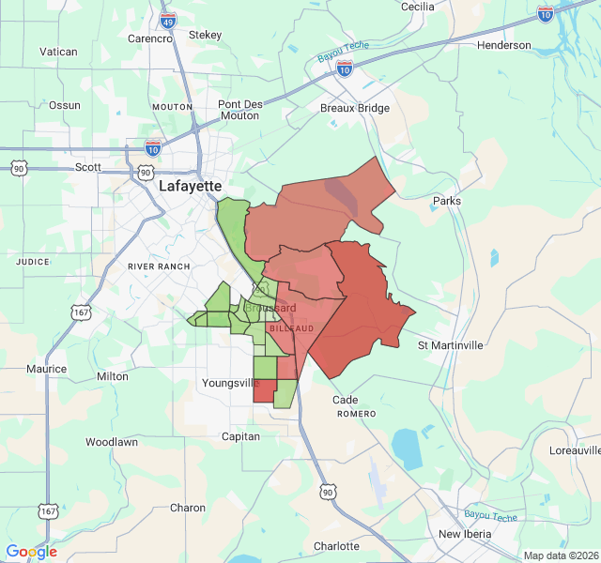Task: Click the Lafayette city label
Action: tap(190, 186)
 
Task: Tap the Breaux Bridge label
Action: tap(354, 108)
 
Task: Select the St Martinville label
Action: tap(450, 345)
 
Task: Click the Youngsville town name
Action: tap(230, 383)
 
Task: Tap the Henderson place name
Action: tap(503, 45)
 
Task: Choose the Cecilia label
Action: tap(417, 7)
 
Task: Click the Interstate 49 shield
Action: tap(168, 21)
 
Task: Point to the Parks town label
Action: tap(447, 201)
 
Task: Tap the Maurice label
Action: tap(47, 369)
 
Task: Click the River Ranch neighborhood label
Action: tap(159, 266)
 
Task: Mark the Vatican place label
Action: tap(57, 52)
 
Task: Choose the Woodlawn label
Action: tap(112, 441)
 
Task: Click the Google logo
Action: tap(31, 552)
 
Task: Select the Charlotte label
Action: tap(336, 546)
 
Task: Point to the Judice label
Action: tap(33, 262)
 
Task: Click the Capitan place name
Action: tap(240, 436)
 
